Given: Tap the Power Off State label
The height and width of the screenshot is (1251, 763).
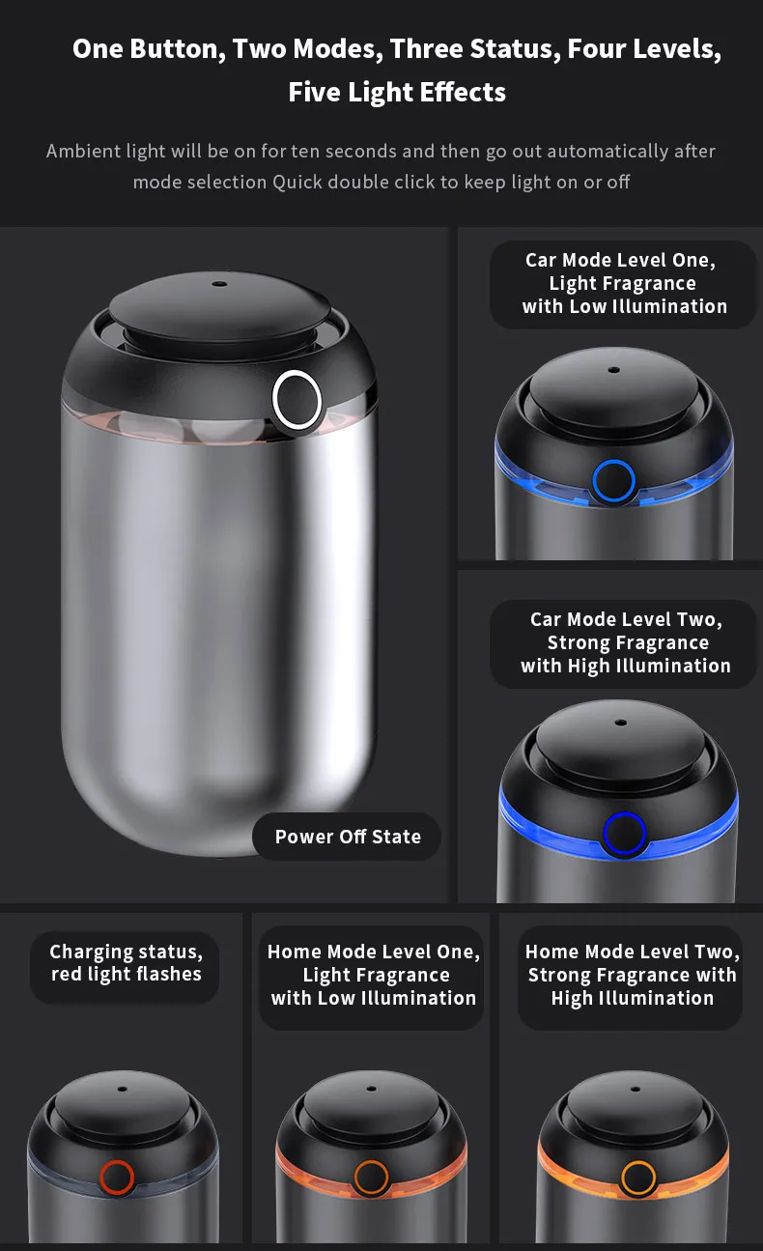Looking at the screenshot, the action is [347, 836].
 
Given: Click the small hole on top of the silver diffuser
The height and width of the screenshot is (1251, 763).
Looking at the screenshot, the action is [220, 284].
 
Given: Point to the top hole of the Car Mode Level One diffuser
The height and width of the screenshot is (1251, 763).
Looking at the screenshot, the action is [614, 370].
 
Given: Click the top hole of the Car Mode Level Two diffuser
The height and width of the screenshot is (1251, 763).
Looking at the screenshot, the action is [621, 723].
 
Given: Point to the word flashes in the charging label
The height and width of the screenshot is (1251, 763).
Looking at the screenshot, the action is [169, 974].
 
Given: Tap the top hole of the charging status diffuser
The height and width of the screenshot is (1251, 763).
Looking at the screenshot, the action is [123, 1089].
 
